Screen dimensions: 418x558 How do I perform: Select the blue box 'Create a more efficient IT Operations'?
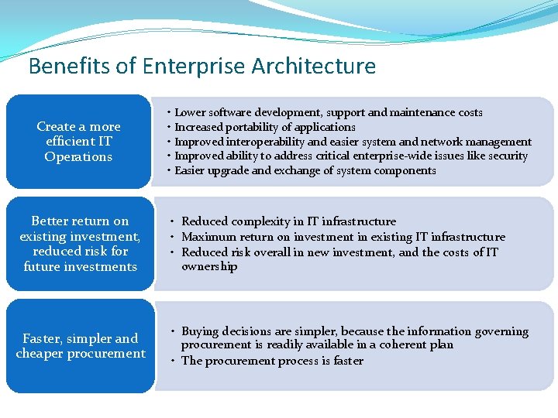pyautogui.click(x=78, y=142)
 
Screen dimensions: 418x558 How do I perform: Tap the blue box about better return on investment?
pyautogui.click(x=80, y=244)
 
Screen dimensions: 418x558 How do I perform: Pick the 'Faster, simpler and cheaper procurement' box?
pyautogui.click(x=81, y=346)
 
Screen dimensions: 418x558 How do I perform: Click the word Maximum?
pyautogui.click(x=208, y=237)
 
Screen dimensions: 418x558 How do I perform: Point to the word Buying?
pyautogui.click(x=201, y=331)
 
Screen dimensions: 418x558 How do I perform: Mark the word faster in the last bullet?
pyautogui.click(x=346, y=361)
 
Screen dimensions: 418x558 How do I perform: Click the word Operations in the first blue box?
pyautogui.click(x=78, y=157)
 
